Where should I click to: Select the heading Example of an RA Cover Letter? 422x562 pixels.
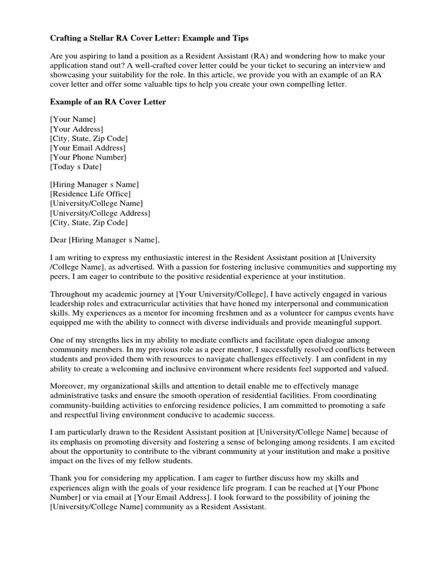(x=108, y=102)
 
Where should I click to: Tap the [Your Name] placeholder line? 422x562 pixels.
(x=73, y=119)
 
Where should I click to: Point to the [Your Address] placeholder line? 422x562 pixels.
(x=76, y=128)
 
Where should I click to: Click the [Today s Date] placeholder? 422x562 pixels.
(x=76, y=166)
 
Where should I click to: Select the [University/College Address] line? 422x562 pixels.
(x=100, y=213)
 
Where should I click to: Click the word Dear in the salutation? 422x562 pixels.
(x=59, y=239)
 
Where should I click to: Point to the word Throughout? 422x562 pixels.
(x=70, y=294)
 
